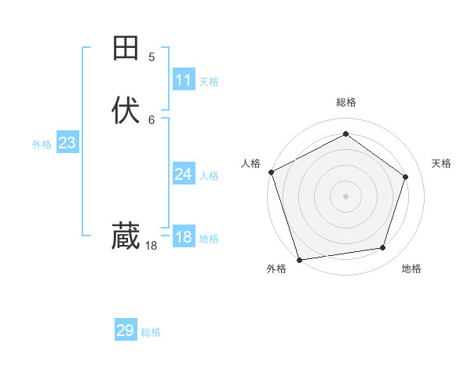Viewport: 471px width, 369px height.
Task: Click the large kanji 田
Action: tap(126, 49)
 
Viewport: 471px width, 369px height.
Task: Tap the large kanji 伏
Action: tap(126, 111)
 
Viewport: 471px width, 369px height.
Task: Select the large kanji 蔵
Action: tap(126, 236)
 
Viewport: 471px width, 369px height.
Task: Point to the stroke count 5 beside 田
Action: tap(152, 57)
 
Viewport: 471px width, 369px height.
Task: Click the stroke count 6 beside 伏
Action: tap(152, 119)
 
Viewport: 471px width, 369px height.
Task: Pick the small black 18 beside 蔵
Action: tap(152, 246)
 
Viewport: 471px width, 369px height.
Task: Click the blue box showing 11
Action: tap(184, 80)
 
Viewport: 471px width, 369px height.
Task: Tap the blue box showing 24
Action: tap(184, 174)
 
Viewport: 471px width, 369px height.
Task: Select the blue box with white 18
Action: tap(184, 237)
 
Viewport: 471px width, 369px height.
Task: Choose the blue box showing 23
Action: tap(67, 143)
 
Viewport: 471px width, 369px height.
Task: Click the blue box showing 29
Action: tap(126, 331)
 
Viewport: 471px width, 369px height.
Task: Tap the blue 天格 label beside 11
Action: tap(209, 82)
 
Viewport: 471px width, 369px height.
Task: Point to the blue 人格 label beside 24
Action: tap(209, 176)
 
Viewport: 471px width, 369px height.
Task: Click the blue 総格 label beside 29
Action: tap(151, 332)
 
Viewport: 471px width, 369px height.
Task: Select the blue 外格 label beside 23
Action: tap(42, 144)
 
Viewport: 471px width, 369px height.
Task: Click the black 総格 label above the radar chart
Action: tap(345, 102)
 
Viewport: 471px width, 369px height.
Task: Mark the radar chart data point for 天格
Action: tap(406, 177)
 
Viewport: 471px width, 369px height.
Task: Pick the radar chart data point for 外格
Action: tap(299, 259)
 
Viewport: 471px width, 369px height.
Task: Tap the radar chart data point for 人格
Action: tap(271, 172)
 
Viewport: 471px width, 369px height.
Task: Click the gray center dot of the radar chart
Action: tap(345, 195)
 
